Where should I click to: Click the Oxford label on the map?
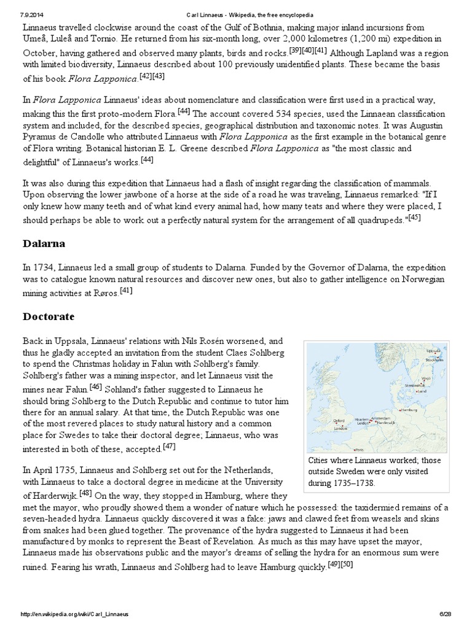[339, 420]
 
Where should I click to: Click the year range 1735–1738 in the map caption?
[353, 483]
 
